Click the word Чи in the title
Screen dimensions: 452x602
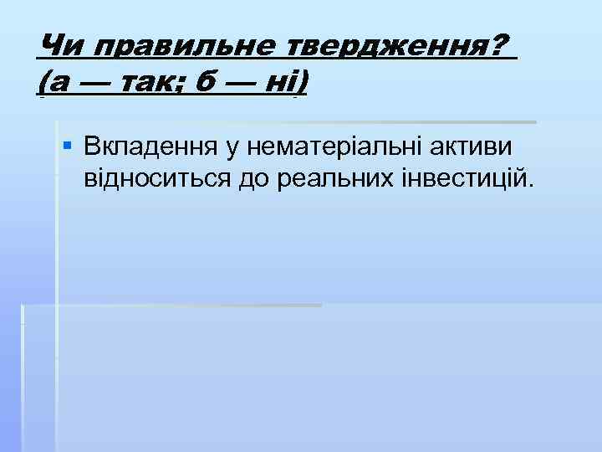pos(56,46)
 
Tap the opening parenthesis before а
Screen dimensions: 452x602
pos(43,83)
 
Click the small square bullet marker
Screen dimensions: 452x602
pos(68,146)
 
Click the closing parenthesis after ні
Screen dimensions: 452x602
pos(302,83)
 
